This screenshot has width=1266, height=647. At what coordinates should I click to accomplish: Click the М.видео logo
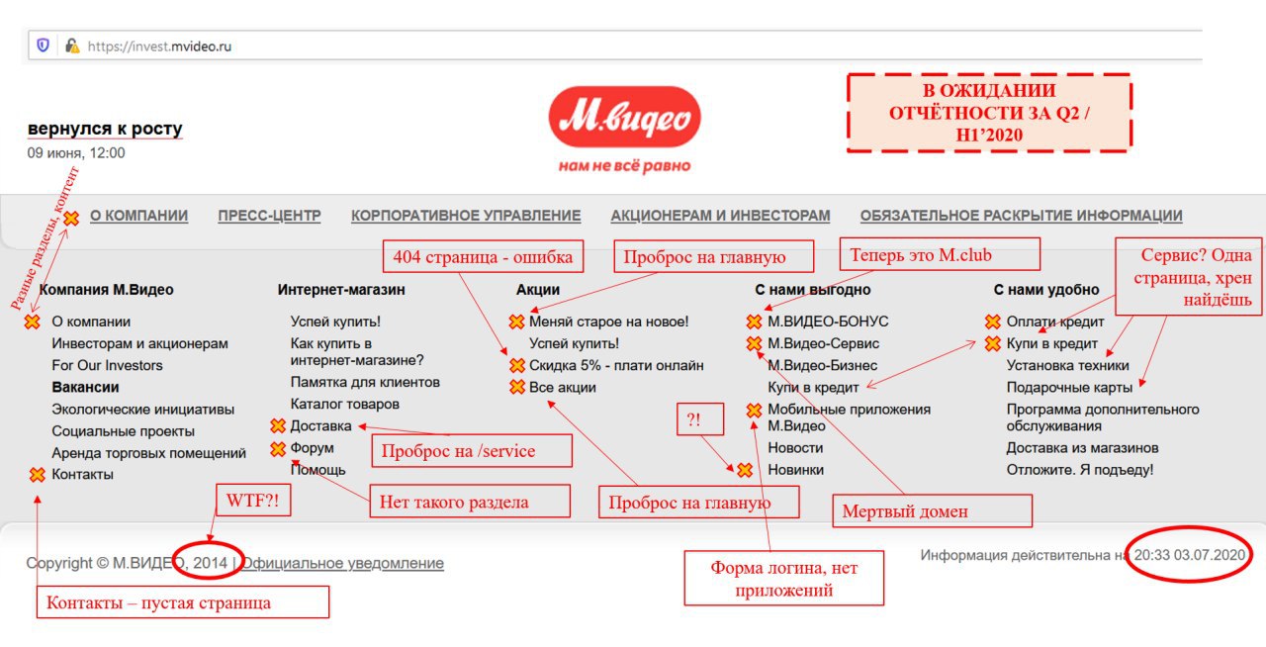pyautogui.click(x=624, y=117)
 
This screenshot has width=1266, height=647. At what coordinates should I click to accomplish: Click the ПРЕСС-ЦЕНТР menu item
pyautogui.click(x=269, y=216)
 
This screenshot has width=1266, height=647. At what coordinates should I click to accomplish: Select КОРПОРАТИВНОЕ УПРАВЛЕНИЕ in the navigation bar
pyautogui.click(x=466, y=216)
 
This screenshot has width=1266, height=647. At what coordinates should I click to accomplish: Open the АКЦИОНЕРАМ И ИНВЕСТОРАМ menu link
pyautogui.click(x=721, y=216)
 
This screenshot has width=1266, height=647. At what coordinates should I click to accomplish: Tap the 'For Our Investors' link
pyautogui.click(x=107, y=365)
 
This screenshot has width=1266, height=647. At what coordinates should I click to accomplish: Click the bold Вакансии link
pyautogui.click(x=85, y=388)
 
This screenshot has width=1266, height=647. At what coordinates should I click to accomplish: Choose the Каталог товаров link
pyautogui.click(x=345, y=404)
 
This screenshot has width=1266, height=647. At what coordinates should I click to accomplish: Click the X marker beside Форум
pyautogui.click(x=278, y=449)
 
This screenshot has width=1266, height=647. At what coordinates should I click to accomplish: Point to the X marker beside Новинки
pyautogui.click(x=745, y=470)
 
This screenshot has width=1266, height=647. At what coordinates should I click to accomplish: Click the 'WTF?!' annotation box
pyautogui.click(x=253, y=500)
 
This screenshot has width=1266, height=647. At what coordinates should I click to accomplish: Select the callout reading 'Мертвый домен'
pyautogui.click(x=932, y=511)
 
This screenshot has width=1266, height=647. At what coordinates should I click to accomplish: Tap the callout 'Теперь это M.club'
pyautogui.click(x=940, y=254)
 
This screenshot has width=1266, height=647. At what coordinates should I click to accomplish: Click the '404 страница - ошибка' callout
pyautogui.click(x=484, y=257)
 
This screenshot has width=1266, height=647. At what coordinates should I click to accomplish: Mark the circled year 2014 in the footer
pyautogui.click(x=209, y=561)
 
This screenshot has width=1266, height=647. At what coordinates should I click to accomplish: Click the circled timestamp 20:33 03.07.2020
pyautogui.click(x=1189, y=554)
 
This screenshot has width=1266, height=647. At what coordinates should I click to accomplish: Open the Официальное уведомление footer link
pyautogui.click(x=343, y=563)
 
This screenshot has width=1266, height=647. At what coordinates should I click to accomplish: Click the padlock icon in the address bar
pyautogui.click(x=72, y=46)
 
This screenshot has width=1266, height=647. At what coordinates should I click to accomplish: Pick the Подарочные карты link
pyautogui.click(x=1069, y=388)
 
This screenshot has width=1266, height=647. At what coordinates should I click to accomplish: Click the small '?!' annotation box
pyautogui.click(x=700, y=419)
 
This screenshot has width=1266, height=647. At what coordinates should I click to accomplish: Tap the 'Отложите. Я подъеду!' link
pyautogui.click(x=1079, y=470)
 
